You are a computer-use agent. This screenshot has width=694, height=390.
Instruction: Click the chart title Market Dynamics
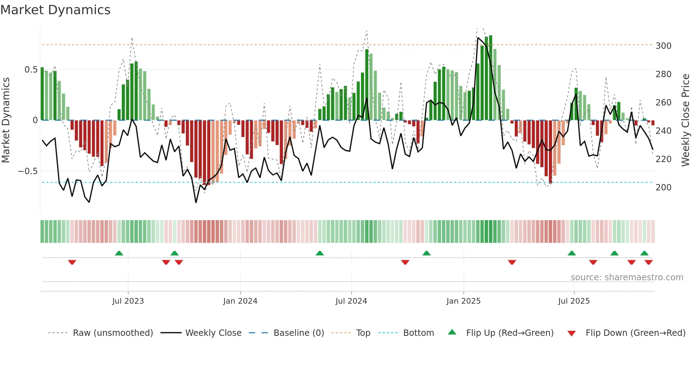click(x=55, y=10)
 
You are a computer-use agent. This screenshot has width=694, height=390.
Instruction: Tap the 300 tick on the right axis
click(x=663, y=46)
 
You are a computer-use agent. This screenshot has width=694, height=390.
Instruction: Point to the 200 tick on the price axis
click(x=663, y=188)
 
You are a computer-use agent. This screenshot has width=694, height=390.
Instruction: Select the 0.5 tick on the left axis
click(x=31, y=70)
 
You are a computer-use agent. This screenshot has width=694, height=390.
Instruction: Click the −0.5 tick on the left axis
click(x=28, y=171)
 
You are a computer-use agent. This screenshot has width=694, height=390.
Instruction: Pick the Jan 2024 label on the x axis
click(x=240, y=301)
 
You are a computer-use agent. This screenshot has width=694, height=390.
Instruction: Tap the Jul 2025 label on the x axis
click(x=574, y=301)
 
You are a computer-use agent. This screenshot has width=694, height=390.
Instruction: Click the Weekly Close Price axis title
click(x=686, y=120)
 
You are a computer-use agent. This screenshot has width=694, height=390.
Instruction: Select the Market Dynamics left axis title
click(x=6, y=120)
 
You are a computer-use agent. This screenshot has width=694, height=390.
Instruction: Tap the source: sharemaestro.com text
click(x=627, y=277)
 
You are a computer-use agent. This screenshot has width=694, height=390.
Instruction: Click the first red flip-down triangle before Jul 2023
click(x=72, y=262)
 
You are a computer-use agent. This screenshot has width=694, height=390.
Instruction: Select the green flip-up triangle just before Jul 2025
click(x=571, y=253)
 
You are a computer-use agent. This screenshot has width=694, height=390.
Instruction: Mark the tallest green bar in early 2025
click(x=490, y=78)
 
